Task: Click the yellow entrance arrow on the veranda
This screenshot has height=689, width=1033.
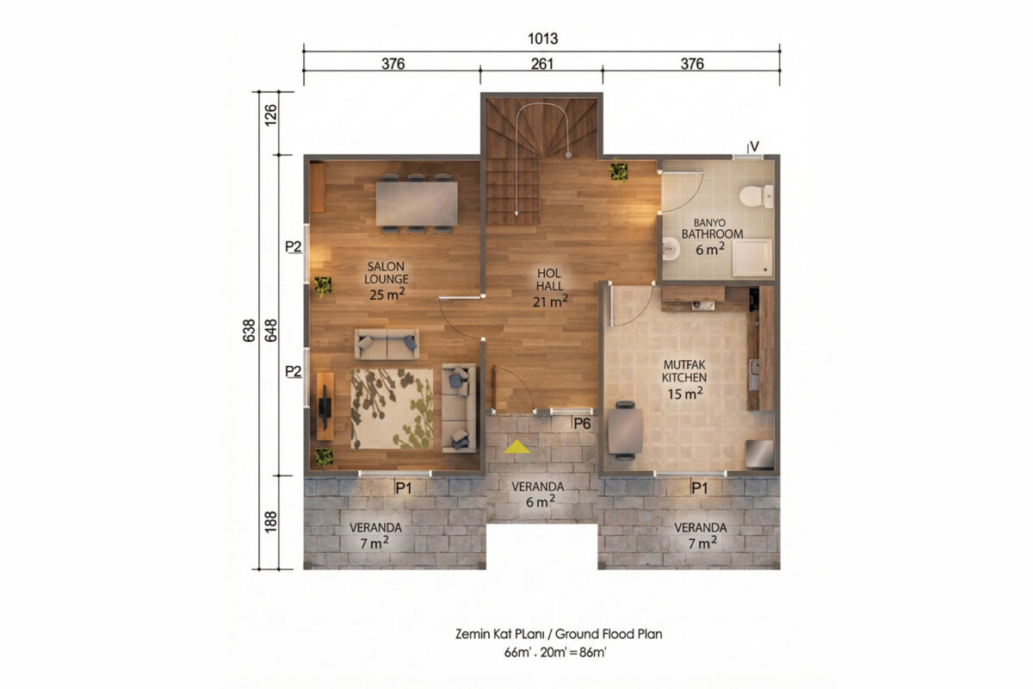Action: [x=517, y=447]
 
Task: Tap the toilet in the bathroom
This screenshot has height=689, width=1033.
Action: [x=757, y=196]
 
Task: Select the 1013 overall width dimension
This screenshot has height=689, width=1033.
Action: [x=543, y=39]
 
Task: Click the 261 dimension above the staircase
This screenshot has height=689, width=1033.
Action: [x=541, y=64]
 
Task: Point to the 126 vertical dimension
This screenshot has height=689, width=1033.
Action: [x=270, y=115]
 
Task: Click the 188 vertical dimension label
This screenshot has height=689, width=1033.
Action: [x=270, y=521]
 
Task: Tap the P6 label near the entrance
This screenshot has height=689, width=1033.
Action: [x=582, y=424]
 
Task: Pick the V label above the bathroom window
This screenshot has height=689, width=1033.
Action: [x=754, y=146]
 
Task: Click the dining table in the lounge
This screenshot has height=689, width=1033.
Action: [x=417, y=203]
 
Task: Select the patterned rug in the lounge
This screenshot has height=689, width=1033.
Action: [x=392, y=408]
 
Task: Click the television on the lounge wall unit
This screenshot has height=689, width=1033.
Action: [x=325, y=407]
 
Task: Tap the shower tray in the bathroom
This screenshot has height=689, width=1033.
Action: [x=752, y=257]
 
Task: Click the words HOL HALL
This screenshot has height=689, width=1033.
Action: [x=550, y=280]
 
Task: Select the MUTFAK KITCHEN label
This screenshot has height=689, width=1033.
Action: [x=684, y=371]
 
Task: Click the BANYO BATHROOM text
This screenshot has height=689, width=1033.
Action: [x=712, y=228]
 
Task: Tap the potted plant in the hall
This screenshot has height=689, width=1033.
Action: [x=618, y=171]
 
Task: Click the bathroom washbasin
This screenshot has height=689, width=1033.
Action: [x=671, y=250]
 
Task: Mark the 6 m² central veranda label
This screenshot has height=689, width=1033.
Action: [x=541, y=501]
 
